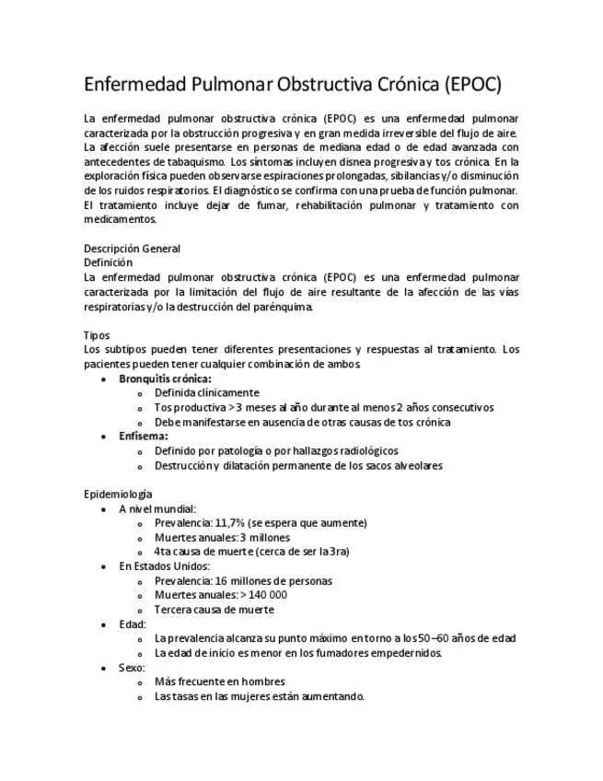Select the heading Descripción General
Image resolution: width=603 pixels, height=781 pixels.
[132, 249]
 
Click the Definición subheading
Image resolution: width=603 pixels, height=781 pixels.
[108, 262]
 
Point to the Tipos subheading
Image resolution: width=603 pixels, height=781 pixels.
[97, 336]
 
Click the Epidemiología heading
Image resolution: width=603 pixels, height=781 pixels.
[118, 495]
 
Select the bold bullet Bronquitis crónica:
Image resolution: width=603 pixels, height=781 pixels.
[165, 379]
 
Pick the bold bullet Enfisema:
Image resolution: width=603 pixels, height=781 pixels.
[143, 437]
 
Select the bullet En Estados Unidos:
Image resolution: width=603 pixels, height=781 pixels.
[164, 566]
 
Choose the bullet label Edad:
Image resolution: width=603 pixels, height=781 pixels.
[133, 624]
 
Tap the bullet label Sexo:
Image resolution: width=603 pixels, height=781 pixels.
[133, 668]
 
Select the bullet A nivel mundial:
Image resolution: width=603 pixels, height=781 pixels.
[157, 508]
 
